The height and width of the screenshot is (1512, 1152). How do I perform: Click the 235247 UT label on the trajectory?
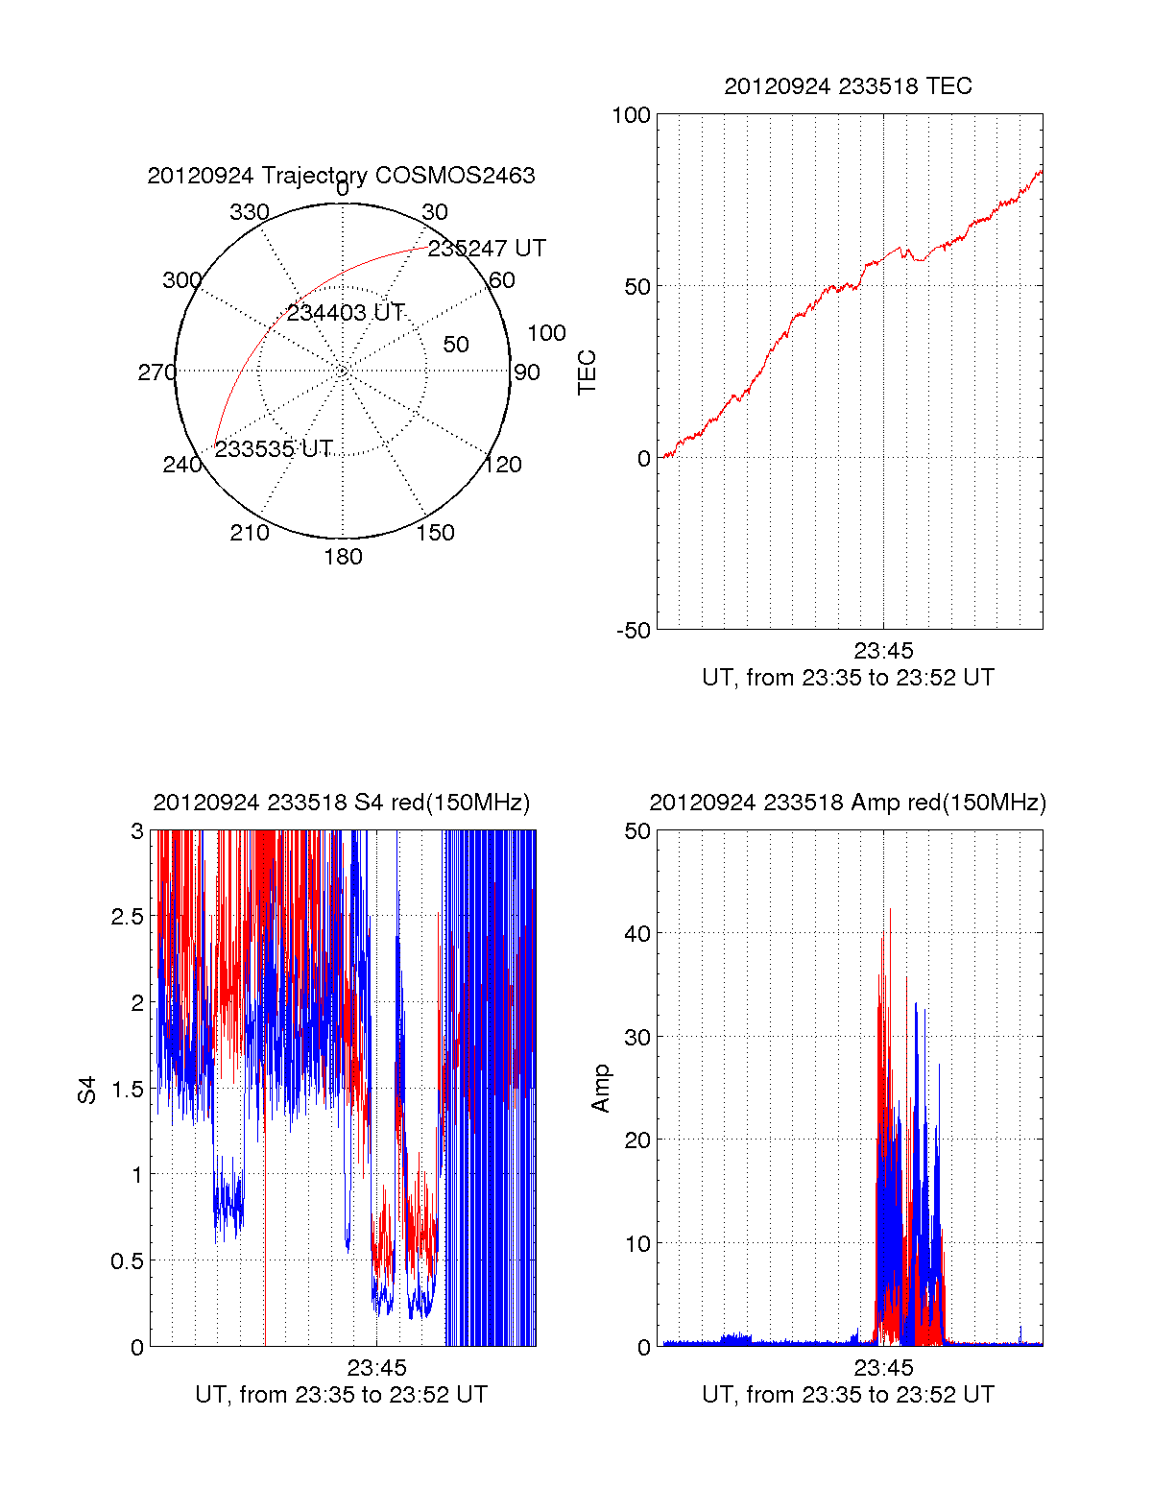[486, 248]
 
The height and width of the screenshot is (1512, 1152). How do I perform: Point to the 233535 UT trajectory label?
[274, 448]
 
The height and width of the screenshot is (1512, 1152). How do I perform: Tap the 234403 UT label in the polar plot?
[345, 313]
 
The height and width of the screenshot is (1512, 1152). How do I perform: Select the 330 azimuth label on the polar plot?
[250, 211]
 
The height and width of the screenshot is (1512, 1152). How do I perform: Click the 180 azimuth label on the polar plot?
[343, 556]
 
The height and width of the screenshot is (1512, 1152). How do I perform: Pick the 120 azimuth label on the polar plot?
[503, 465]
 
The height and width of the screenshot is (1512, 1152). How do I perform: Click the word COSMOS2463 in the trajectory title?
[454, 175]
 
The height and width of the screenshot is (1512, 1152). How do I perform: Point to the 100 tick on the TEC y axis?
[631, 115]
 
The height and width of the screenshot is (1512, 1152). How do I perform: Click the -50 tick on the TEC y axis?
[634, 631]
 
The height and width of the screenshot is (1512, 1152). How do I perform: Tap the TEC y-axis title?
[587, 372]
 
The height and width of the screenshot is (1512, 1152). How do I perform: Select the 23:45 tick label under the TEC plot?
[883, 650]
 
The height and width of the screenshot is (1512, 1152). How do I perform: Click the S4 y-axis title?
[86, 1090]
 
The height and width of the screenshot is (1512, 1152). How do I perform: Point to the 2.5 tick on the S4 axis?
[128, 916]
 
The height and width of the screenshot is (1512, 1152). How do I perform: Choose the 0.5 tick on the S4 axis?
[128, 1260]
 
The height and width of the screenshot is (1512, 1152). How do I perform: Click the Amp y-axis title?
[600, 1089]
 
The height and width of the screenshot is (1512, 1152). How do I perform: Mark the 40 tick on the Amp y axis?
[636, 933]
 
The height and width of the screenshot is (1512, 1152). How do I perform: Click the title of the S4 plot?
[342, 803]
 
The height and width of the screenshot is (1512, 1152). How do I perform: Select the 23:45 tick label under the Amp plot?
[883, 1367]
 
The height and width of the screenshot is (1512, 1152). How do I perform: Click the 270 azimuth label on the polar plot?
[157, 372]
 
